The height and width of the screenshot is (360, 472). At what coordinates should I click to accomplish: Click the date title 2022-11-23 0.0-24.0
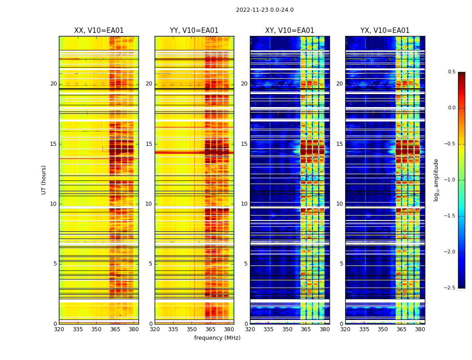[264, 10]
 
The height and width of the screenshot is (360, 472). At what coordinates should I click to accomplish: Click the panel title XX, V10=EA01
[99, 31]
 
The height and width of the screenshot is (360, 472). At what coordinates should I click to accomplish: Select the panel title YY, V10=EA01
[194, 31]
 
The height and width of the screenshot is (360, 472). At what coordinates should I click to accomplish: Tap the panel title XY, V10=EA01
[289, 31]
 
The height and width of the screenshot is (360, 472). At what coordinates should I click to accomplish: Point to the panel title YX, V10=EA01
[385, 31]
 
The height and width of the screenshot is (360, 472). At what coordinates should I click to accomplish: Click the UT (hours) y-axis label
[44, 180]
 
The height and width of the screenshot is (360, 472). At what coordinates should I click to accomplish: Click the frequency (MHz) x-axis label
[217, 338]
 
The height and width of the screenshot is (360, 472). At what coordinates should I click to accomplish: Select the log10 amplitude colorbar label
[436, 180]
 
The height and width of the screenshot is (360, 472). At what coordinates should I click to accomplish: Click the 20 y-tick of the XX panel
[53, 84]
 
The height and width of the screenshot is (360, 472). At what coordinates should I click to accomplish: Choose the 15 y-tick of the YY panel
[149, 144]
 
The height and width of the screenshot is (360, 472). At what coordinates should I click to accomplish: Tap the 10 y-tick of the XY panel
[244, 204]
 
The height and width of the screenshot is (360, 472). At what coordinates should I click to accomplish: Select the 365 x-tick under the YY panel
[210, 329]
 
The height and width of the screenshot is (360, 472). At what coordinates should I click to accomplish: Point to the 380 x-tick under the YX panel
[420, 329]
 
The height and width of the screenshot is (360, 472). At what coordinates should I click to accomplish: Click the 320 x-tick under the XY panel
[250, 329]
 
